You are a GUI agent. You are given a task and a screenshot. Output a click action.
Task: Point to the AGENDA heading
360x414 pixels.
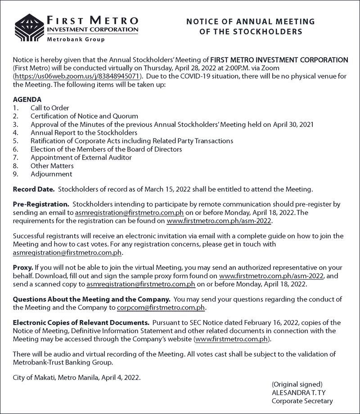tap(27, 99)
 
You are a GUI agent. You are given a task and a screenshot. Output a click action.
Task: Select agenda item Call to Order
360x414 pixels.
tap(49, 108)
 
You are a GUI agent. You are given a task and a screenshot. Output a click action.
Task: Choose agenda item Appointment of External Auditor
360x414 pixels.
tap(81, 157)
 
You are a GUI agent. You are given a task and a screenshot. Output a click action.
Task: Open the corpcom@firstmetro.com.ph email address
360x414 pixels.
tap(161, 307)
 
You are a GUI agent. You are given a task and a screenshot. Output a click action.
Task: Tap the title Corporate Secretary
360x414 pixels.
tap(302, 401)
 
